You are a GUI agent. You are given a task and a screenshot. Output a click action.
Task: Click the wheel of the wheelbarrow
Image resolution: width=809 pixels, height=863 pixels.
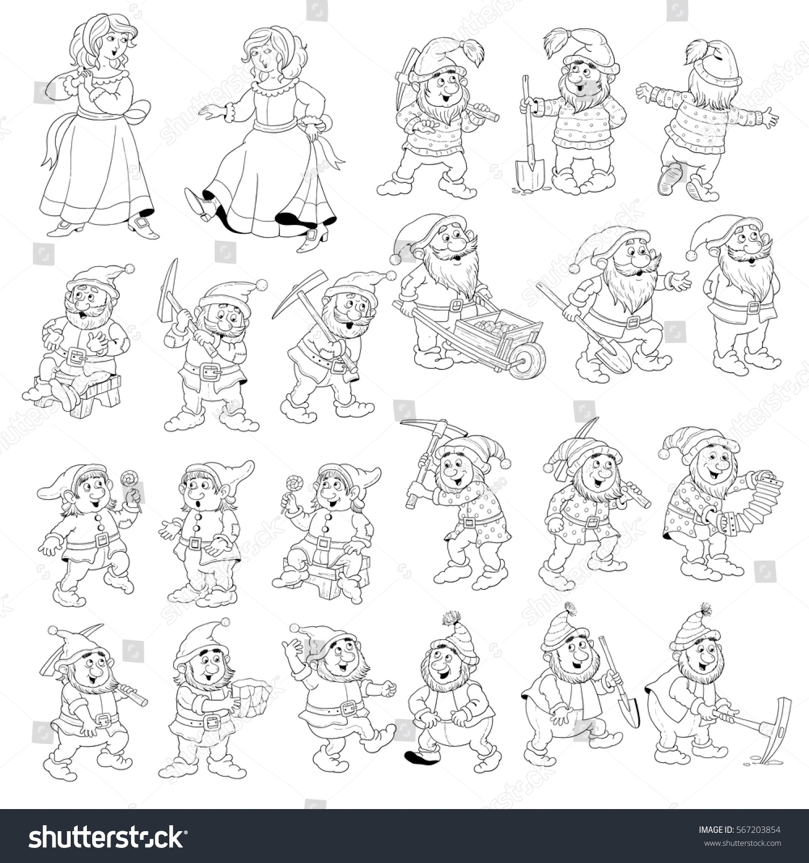(527, 358)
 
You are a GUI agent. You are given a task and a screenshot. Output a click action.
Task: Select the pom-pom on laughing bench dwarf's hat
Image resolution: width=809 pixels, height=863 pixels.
(130, 268)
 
